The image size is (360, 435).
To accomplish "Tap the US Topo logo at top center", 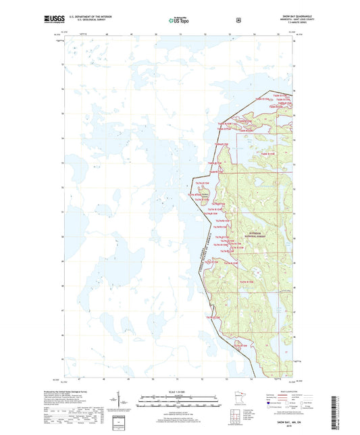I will pyautogui.click(x=180, y=20).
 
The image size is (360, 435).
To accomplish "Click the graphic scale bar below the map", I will pyautogui.click(x=180, y=404).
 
